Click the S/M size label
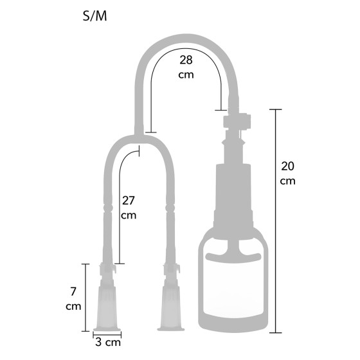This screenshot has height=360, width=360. pyautogui.click(x=95, y=16)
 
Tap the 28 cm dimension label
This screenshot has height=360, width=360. pyautogui.click(x=186, y=67)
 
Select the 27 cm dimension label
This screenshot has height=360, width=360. pyautogui.click(x=129, y=208)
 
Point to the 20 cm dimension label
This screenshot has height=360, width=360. pyautogui.click(x=287, y=174)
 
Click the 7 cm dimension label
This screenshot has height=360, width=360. pyautogui.click(x=73, y=299)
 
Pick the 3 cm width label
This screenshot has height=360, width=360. pyautogui.click(x=108, y=342)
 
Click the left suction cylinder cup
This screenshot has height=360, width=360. pyautogui.click(x=107, y=309)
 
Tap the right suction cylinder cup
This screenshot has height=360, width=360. pyautogui.click(x=171, y=309)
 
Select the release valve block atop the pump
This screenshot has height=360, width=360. pyautogui.click(x=237, y=121)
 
